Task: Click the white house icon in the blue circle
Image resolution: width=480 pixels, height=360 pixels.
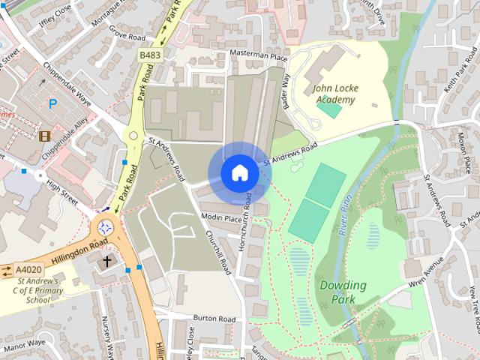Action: [x=239, y=173]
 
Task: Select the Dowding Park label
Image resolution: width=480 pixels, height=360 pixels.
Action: [x=343, y=292]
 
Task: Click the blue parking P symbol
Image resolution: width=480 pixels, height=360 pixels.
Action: [x=52, y=104]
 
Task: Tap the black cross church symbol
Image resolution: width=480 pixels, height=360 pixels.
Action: [x=106, y=262]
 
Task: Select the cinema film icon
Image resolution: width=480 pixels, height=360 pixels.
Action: [x=45, y=136]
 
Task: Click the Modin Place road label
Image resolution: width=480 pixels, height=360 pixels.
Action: [x=220, y=217]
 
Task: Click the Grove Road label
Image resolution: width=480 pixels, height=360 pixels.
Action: [x=126, y=35]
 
